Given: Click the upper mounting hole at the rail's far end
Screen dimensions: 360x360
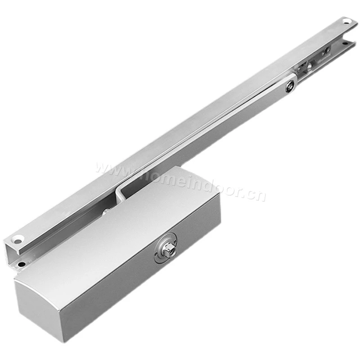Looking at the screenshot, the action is click(346, 22).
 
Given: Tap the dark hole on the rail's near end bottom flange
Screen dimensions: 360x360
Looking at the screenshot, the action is click(21, 265).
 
